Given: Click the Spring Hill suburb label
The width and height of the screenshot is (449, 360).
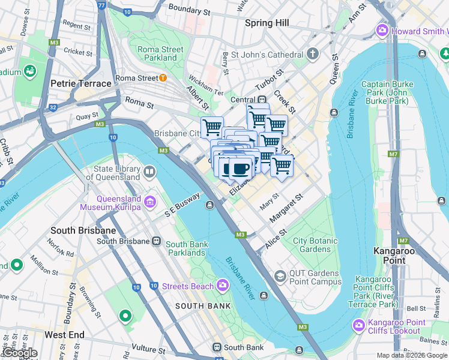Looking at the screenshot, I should pos(267,23).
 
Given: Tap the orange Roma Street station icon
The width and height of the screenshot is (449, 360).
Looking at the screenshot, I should pos(163,78).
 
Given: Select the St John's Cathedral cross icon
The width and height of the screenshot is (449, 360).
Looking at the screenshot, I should pos(312,55).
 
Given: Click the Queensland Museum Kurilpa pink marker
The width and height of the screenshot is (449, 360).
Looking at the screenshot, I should pos(149,199).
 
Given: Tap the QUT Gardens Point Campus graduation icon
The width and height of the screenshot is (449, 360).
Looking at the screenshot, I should pos(280,276).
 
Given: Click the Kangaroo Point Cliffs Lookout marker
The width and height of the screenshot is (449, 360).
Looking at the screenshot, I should pos(358,325).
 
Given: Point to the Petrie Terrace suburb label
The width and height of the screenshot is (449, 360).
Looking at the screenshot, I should pos(81,83).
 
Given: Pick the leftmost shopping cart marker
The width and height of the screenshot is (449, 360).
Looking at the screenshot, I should pos(212,127).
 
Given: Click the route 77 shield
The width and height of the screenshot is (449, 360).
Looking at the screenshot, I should pos(101,5).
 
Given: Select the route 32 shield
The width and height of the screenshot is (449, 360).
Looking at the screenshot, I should pos(52,108).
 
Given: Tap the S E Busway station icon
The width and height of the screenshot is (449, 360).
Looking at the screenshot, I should pos(210,205).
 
